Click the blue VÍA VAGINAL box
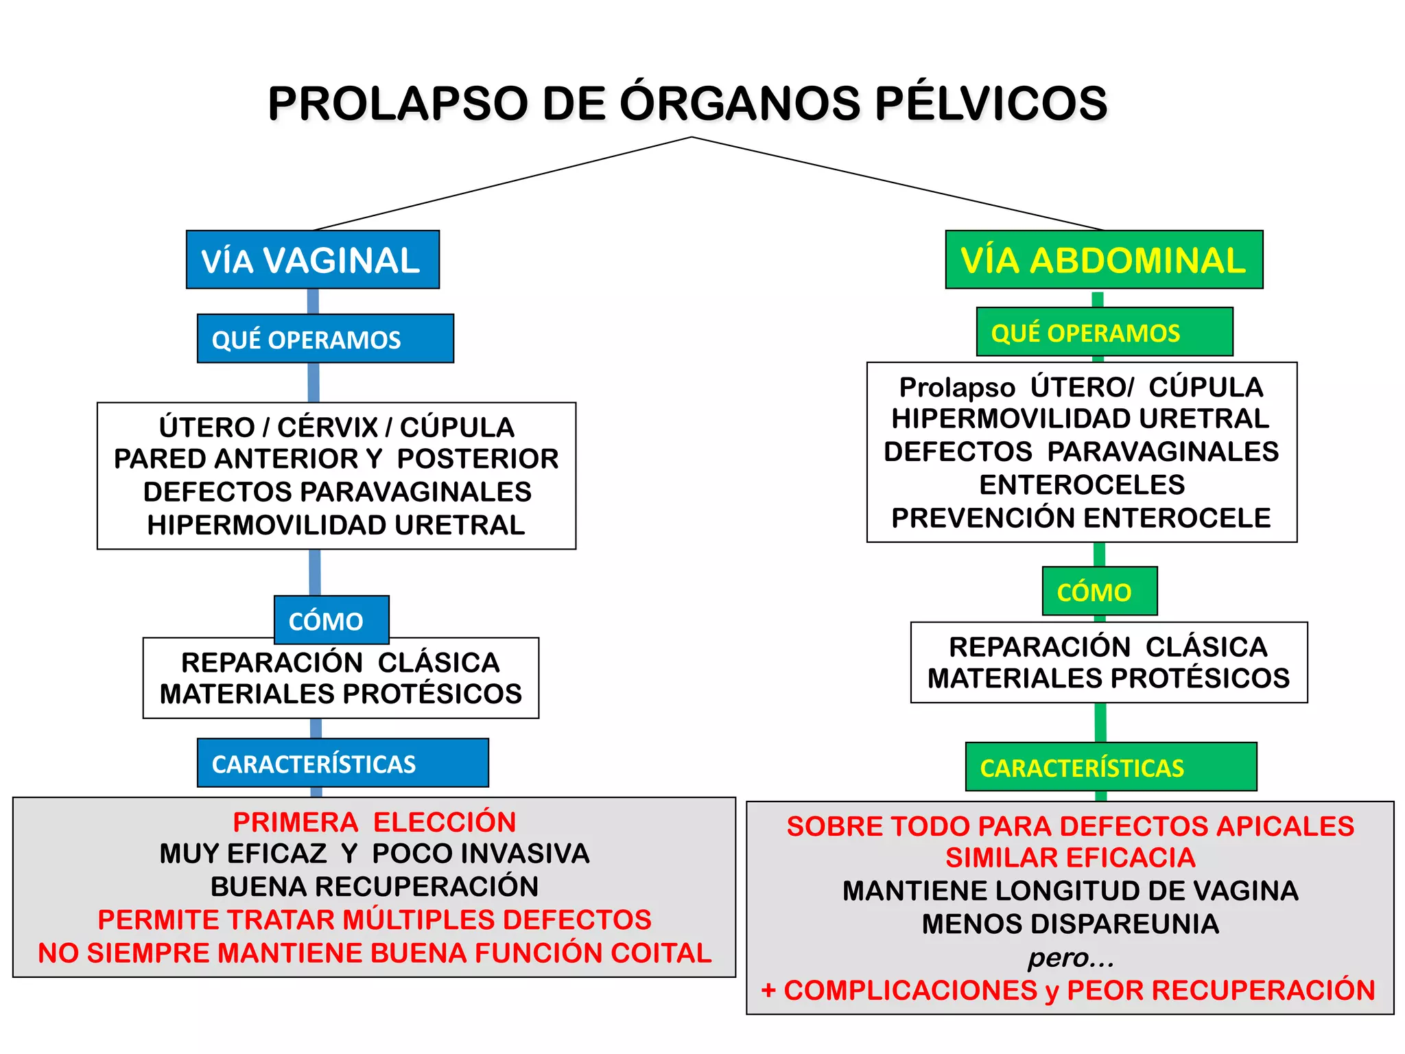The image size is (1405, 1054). [x=312, y=260]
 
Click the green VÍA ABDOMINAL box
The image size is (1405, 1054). [x=1103, y=260]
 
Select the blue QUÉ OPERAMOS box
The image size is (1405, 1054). [x=324, y=339]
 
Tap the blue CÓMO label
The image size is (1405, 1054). [x=331, y=620]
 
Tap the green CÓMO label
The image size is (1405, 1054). [x=1098, y=592]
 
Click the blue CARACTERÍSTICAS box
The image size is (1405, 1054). [x=342, y=763]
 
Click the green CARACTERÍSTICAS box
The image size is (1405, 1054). [x=1110, y=767]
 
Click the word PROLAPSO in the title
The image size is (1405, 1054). [x=398, y=104]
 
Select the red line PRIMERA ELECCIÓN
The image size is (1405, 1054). [x=374, y=822]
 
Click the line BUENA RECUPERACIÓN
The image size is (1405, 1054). [x=374, y=886]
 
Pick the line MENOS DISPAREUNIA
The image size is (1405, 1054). [x=1070, y=924]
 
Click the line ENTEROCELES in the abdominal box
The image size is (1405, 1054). [x=1082, y=484]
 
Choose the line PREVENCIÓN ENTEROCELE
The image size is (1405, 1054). [x=1081, y=517]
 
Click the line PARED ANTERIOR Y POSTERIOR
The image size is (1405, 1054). [x=336, y=458]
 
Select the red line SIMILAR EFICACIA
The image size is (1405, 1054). [x=1070, y=858]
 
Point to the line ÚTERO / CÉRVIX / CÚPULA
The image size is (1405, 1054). [x=336, y=427]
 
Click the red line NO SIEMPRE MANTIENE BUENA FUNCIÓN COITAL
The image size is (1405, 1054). [x=375, y=952]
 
